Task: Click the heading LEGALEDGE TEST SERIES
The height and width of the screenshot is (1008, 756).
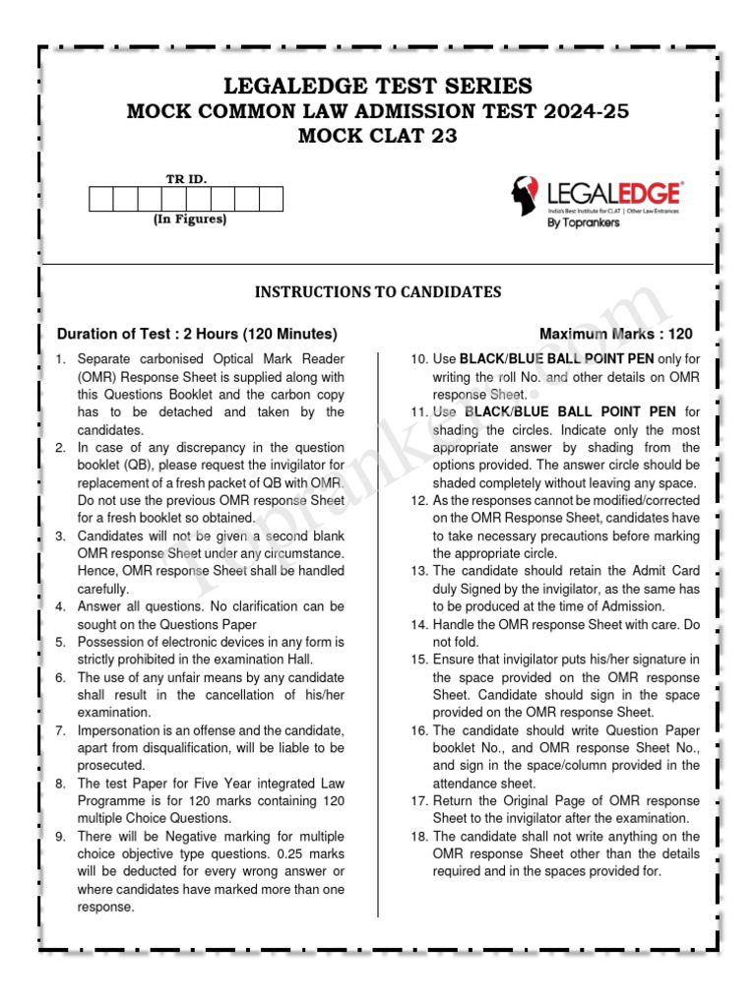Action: coord(378,86)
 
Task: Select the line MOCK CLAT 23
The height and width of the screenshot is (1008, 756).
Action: coord(378,137)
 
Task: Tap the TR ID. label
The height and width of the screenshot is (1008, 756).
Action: coord(186,178)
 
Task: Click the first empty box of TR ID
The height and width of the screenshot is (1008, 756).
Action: coord(101,199)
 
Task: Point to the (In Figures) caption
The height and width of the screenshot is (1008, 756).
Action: coord(189,220)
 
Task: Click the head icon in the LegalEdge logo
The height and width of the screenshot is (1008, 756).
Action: coord(524,196)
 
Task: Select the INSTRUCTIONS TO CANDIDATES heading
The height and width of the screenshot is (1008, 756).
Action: coord(378,292)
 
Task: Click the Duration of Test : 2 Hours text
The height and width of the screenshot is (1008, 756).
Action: coord(197,334)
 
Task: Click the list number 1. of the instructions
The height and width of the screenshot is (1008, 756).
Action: coord(61,359)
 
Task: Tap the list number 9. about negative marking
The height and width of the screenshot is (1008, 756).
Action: coord(61,837)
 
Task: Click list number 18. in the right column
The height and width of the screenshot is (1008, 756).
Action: coord(419,837)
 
